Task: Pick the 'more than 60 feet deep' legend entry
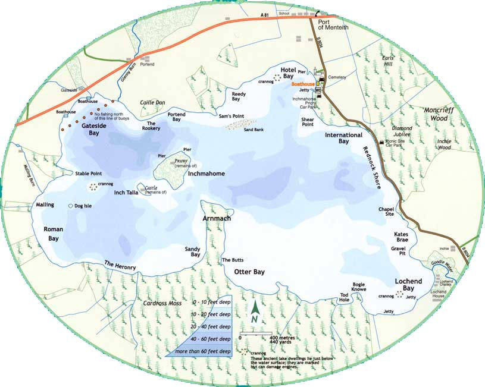[x=201, y=351]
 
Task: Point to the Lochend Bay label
[x=408, y=284]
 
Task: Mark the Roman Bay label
[x=54, y=233]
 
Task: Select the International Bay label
[x=343, y=139]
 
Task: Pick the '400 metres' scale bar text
[x=281, y=338]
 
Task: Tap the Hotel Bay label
[x=288, y=73]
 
